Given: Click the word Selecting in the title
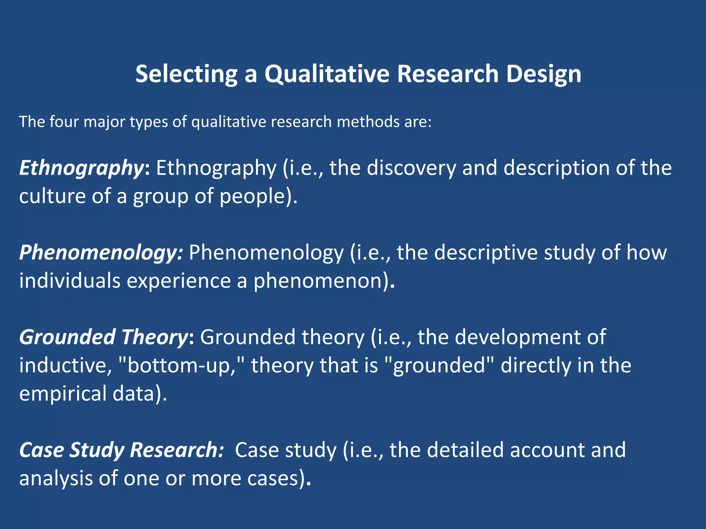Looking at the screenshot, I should coord(186,74).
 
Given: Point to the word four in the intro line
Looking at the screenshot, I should coord(64,122).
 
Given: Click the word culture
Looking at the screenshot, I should coord(52,196).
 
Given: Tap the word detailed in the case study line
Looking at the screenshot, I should coord(465,450).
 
